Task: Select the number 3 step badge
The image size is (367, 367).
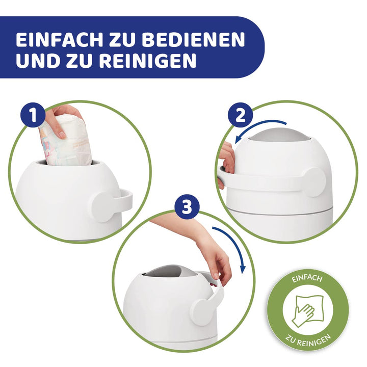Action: (x=187, y=207)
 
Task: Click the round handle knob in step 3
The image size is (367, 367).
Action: (x=202, y=308)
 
